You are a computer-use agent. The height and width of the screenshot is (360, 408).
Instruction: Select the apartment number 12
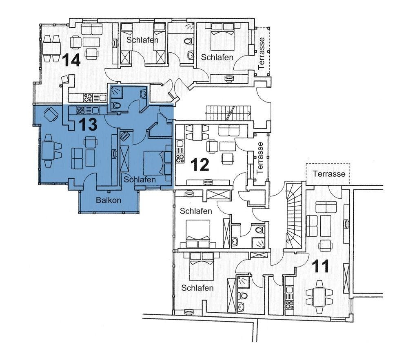pos(200,164)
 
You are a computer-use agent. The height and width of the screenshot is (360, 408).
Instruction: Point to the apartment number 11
pos(320,266)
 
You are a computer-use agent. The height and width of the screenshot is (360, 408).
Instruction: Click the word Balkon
pos(109,200)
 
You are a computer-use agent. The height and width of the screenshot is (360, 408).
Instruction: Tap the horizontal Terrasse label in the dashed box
pos(329,173)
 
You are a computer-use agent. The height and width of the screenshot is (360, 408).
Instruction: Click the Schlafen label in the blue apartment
pos(140,179)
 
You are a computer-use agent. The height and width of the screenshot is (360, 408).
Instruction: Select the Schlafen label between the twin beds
pos(142,40)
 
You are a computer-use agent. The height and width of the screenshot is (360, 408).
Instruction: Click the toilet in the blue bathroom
pos(115,105)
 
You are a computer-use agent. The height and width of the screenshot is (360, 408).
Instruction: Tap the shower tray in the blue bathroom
pos(117,92)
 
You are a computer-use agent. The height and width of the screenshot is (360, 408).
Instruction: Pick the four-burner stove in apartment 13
pos(80,110)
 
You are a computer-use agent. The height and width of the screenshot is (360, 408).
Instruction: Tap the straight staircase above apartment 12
pos(228,113)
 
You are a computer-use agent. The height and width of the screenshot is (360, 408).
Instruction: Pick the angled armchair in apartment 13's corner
pos(51,114)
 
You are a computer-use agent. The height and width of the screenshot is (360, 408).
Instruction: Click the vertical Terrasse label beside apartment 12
pos(260,158)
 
